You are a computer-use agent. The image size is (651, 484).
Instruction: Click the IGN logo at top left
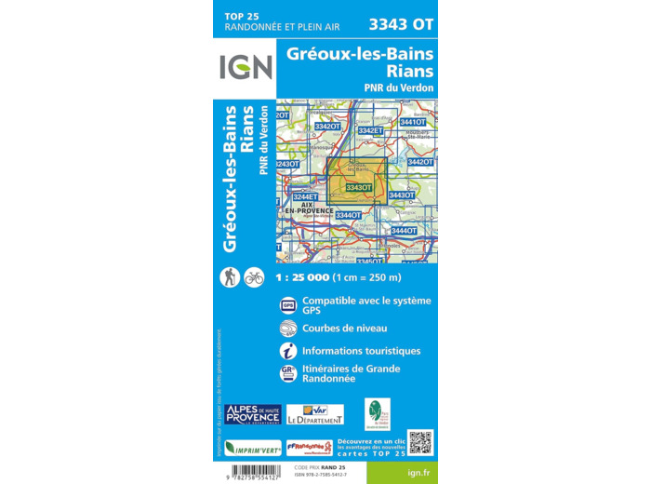coord(246,67)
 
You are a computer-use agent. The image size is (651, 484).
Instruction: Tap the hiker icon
coord(230,276)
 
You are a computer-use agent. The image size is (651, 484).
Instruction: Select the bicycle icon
coord(254,276)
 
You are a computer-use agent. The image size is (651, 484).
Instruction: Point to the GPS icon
coord(287,305)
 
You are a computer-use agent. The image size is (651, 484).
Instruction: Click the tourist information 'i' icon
coord(287,351)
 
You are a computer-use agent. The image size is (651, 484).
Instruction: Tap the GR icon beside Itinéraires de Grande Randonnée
coord(287,373)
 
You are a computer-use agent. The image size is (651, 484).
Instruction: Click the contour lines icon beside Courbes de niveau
coord(287,328)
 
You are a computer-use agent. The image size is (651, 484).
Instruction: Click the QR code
coord(421,442)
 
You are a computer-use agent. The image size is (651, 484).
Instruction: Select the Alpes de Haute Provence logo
coord(252,414)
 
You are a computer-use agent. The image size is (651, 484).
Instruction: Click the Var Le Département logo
coord(314,414)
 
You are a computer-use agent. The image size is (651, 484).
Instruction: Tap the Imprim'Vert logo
coord(252,448)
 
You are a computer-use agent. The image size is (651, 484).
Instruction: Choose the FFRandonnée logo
coord(309,448)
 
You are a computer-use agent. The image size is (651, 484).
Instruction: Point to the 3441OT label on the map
coord(412,122)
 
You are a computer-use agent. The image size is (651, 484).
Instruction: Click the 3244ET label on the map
coord(305,196)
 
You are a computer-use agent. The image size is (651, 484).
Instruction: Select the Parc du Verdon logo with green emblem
coord(377,413)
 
